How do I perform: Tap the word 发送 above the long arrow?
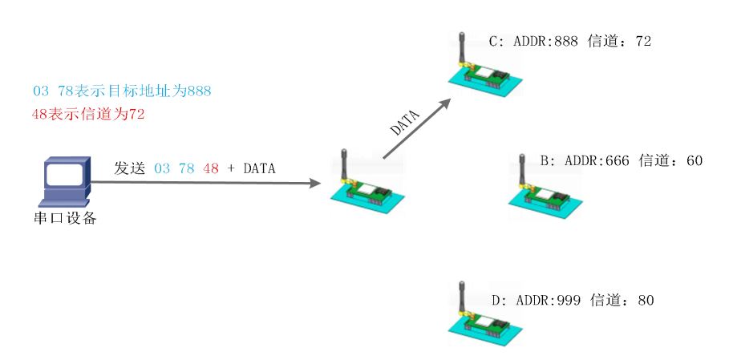pyautogui.click(x=129, y=168)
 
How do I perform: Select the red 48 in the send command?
pyautogui.click(x=211, y=168)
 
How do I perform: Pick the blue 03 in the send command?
pyautogui.click(x=162, y=168)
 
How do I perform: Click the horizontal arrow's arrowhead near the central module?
pyautogui.click(x=314, y=184)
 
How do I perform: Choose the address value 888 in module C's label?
pyautogui.click(x=566, y=42)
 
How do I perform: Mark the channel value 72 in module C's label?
pyautogui.click(x=643, y=42)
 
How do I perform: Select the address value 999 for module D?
pyautogui.click(x=569, y=301)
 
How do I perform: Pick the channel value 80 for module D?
pyautogui.click(x=646, y=301)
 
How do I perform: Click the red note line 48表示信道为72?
pyautogui.click(x=88, y=115)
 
